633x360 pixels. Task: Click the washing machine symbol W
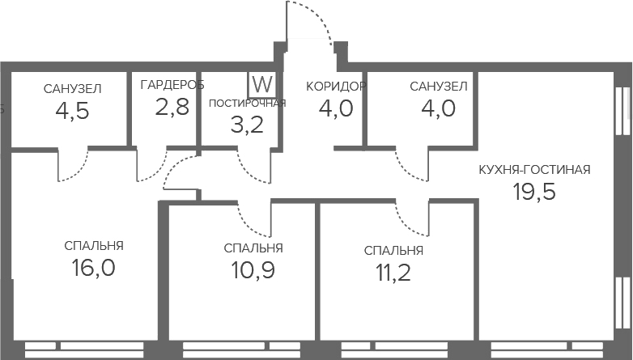click(261, 84)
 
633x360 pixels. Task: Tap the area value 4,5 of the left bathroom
click(72, 110)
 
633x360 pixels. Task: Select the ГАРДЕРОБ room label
click(172, 85)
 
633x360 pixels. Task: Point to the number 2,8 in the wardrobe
click(172, 107)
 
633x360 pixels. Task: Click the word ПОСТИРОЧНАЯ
click(247, 102)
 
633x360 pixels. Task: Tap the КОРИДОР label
click(336, 86)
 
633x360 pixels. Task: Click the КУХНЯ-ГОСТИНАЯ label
click(534, 170)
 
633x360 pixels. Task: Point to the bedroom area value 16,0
click(94, 268)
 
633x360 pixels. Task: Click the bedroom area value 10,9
click(253, 270)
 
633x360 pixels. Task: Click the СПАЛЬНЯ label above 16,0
click(94, 246)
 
